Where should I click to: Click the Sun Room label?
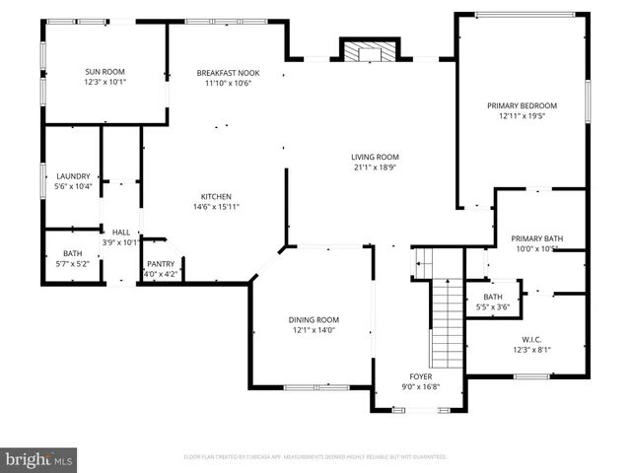[105, 72]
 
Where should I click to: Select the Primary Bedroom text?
[522, 105]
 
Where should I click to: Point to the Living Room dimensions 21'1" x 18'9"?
[375, 168]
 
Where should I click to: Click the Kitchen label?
[216, 195]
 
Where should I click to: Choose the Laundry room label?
[73, 175]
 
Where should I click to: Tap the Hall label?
[120, 232]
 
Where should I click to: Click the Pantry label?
[160, 264]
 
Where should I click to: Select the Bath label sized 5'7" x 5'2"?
[73, 253]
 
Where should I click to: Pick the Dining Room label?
[314, 319]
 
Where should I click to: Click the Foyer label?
[421, 376]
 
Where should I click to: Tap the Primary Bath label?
[536, 238]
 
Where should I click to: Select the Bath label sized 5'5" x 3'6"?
[492, 297]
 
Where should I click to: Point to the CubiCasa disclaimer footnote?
[315, 457]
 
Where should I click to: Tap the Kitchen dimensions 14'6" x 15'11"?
[216, 207]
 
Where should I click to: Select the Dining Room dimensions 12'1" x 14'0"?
[314, 330]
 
